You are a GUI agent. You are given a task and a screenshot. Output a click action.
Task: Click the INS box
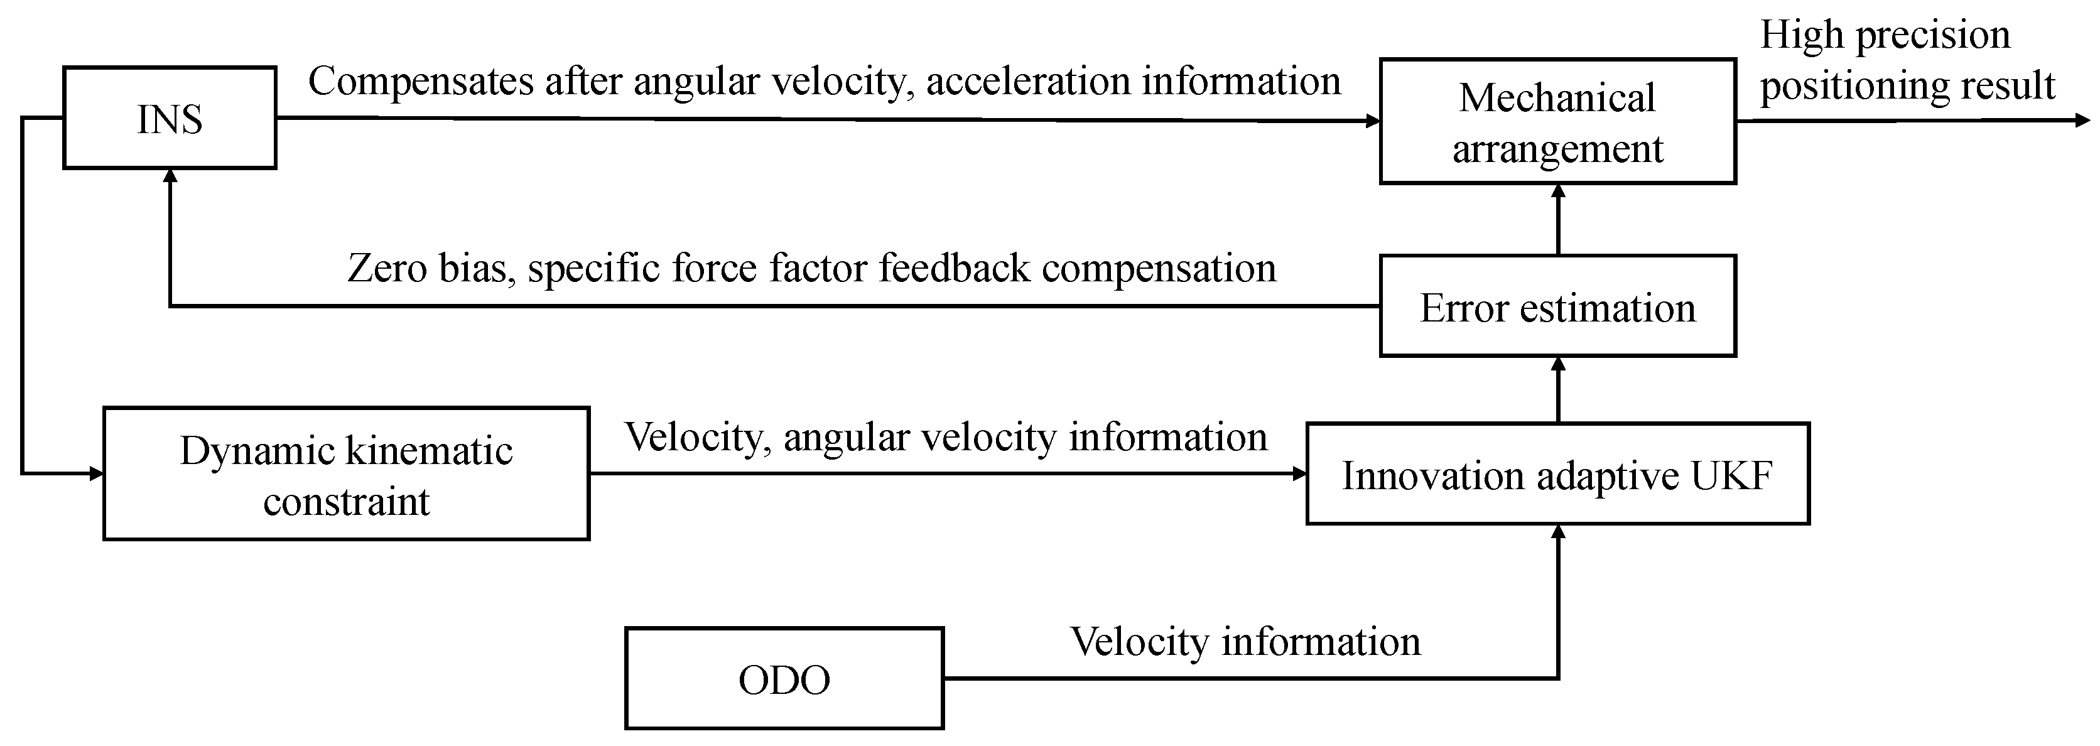(x=170, y=118)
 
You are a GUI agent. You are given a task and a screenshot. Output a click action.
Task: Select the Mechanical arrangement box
(x=1557, y=121)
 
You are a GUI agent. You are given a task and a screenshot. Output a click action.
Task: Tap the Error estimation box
(x=1557, y=306)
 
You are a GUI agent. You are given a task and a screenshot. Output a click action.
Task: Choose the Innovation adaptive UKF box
(x=1557, y=473)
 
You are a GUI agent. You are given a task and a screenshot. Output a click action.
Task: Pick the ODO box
(x=784, y=678)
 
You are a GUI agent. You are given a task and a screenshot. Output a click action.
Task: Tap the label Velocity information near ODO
(x=1245, y=641)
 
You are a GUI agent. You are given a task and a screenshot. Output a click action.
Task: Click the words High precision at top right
(x=1885, y=35)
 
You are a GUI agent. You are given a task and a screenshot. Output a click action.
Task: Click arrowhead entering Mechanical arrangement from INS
(x=1373, y=121)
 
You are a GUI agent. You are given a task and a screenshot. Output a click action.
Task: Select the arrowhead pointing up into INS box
(x=170, y=176)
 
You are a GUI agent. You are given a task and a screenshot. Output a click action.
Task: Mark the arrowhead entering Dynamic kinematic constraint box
(x=96, y=473)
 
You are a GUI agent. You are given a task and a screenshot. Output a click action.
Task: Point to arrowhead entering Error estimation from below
(x=1558, y=364)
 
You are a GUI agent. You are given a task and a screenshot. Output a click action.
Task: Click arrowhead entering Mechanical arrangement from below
(x=1558, y=192)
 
